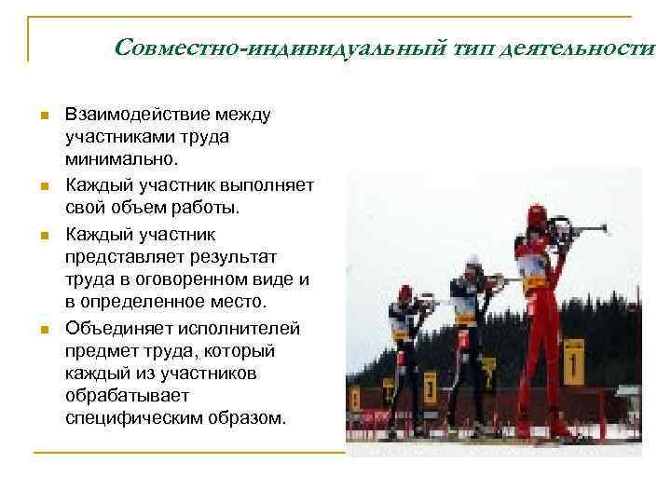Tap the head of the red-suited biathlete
tap(536, 215)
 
